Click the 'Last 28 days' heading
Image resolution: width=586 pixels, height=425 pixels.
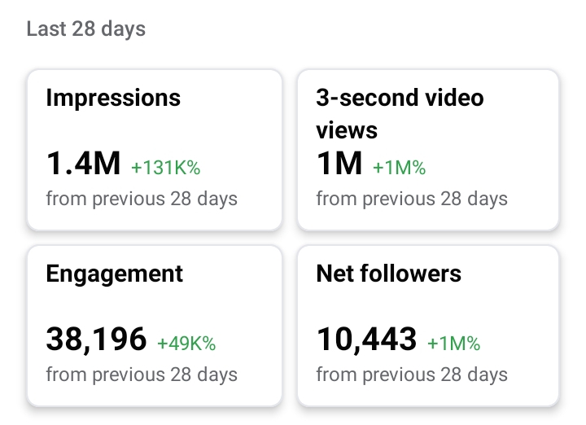click(x=86, y=29)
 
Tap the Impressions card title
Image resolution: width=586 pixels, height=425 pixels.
click(x=113, y=98)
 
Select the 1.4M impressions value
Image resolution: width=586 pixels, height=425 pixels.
click(x=83, y=163)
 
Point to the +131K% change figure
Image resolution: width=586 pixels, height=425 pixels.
click(x=166, y=168)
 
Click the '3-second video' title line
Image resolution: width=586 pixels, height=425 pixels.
click(x=400, y=98)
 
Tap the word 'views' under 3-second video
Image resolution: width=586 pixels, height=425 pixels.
click(x=347, y=130)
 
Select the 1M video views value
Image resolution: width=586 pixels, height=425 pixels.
click(x=339, y=163)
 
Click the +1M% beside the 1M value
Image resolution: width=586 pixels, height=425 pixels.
click(x=399, y=168)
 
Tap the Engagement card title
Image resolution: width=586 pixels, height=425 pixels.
click(x=115, y=274)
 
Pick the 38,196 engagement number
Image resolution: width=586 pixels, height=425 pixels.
click(x=96, y=340)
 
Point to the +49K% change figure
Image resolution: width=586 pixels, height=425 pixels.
click(x=186, y=344)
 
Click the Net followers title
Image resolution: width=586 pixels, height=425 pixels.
click(x=389, y=274)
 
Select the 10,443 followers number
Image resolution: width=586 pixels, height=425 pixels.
click(x=366, y=340)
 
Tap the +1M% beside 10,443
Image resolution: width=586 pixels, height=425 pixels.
click(x=453, y=344)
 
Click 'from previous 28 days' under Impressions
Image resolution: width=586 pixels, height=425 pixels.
click(x=142, y=199)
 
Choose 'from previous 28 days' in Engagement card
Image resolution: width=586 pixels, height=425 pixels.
click(x=142, y=375)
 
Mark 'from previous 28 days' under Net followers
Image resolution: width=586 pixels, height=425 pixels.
click(x=412, y=375)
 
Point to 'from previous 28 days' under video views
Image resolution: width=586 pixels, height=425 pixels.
click(x=412, y=199)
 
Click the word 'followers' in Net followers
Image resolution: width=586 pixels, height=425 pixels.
click(x=411, y=274)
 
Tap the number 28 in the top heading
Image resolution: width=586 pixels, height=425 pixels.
click(x=83, y=28)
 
